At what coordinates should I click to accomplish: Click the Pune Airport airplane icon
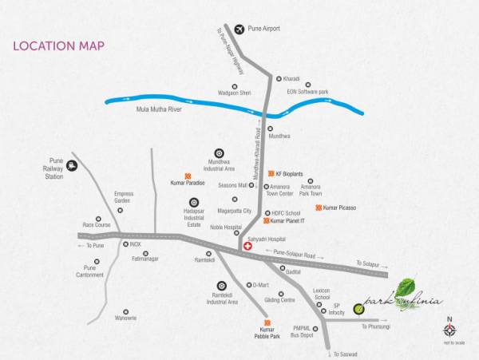(x=239, y=30)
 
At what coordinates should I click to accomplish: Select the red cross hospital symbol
(x=247, y=247)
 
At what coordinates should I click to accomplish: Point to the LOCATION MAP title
(x=59, y=45)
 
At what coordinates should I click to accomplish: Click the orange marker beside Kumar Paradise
(x=188, y=175)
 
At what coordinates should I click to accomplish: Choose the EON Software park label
(x=308, y=93)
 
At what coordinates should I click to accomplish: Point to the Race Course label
(x=96, y=224)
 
